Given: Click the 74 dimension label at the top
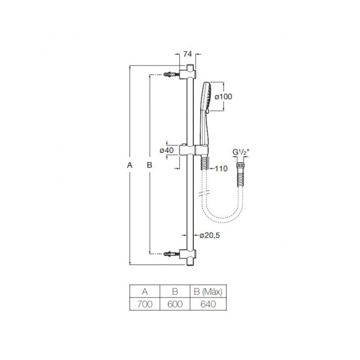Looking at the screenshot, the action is (x=187, y=54).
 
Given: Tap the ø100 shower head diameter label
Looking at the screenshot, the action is (x=223, y=96).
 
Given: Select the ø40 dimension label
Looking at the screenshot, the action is (x=166, y=150).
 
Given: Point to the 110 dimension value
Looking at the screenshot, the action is (x=221, y=169).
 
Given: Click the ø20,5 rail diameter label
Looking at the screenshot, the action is (x=209, y=235).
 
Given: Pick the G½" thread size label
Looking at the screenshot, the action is (x=240, y=152).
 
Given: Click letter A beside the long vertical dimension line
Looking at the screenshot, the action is (x=129, y=165).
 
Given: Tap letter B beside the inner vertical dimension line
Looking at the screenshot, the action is (x=149, y=165).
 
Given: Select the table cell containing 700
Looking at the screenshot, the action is (x=145, y=304).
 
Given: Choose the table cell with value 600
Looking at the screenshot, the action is (x=175, y=304).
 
